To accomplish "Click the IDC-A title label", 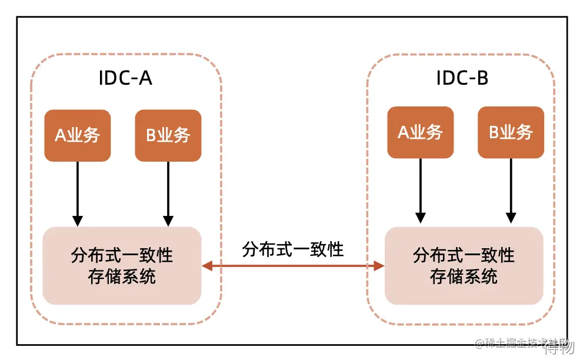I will tap(125, 78).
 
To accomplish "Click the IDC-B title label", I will tap(462, 78).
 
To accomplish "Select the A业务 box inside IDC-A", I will tap(78, 135).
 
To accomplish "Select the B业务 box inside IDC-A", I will tap(168, 135).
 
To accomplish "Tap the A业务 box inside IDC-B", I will tap(421, 132).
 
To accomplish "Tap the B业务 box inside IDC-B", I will tap(511, 132).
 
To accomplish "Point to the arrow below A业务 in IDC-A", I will tap(78, 194).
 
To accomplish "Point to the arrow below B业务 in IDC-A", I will tap(168, 194).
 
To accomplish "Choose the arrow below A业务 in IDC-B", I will tap(421, 191).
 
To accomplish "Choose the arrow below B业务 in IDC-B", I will tap(511, 191).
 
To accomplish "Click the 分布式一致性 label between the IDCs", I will tap(293, 249).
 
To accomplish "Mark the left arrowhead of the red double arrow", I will tap(207, 266).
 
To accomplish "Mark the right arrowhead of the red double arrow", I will tap(379, 266).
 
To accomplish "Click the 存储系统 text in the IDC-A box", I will tap(122, 276).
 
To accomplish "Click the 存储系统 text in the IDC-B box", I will tap(464, 276).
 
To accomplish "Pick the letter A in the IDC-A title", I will tap(145, 78).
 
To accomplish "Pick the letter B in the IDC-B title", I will tap(482, 78).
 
